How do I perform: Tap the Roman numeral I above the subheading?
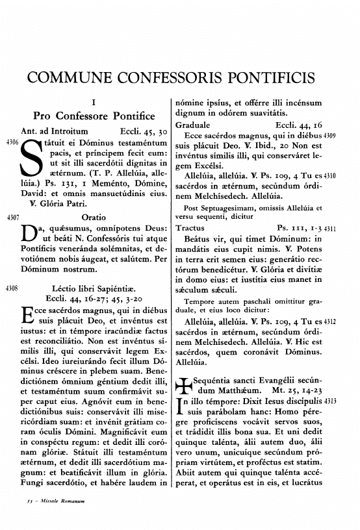tap(94, 103)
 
